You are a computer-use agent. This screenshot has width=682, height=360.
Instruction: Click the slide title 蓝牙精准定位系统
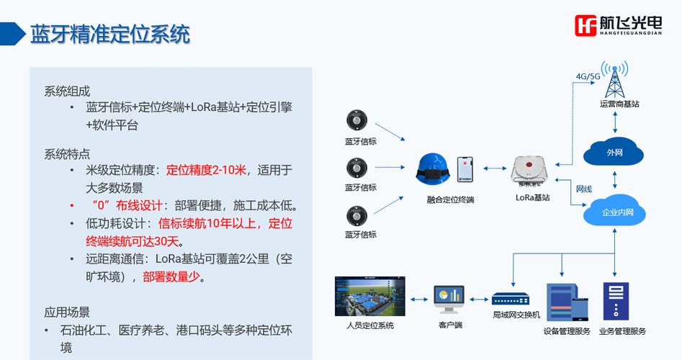click(109, 35)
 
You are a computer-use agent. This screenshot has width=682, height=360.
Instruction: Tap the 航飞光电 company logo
click(619, 26)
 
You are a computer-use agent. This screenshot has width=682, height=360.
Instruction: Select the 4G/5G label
click(588, 76)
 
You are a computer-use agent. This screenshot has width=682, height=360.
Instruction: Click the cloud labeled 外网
click(614, 153)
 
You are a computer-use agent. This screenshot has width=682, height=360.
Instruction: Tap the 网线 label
click(583, 189)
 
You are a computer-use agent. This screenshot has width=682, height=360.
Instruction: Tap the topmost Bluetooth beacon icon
click(356, 120)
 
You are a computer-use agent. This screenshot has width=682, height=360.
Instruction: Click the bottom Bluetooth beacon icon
click(358, 215)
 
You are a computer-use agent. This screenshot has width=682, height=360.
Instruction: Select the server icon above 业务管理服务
click(614, 301)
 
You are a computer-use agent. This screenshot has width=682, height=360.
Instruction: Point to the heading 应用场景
click(67, 312)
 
